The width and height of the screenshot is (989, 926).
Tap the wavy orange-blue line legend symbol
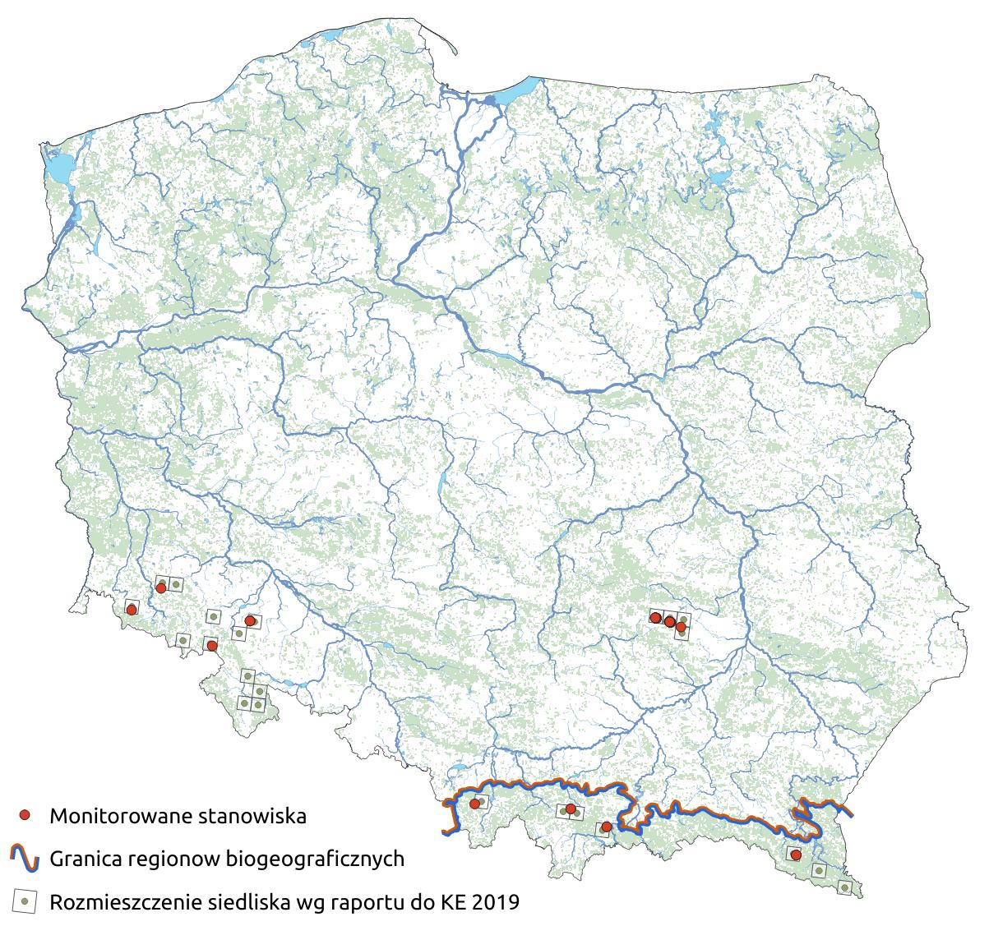[x=25, y=859]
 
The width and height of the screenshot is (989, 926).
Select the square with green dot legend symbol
[x=25, y=901]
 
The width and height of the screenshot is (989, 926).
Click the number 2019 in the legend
[x=497, y=901]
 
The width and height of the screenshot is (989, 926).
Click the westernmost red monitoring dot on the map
[x=131, y=609]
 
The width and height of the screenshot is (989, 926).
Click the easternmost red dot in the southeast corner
[x=795, y=855]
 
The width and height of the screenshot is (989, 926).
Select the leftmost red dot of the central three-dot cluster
[x=655, y=617]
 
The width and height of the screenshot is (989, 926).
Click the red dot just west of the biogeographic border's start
[x=474, y=803]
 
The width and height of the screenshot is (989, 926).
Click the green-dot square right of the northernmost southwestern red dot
[x=176, y=584]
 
